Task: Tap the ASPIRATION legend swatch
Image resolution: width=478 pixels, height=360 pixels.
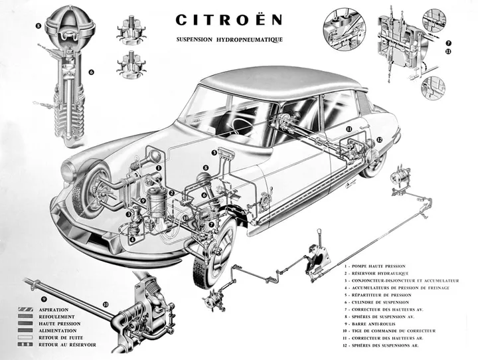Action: tap(26, 310)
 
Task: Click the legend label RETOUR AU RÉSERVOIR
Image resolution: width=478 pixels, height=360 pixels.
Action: tap(68, 345)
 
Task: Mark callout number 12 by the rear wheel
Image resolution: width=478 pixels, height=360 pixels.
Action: tap(380, 139)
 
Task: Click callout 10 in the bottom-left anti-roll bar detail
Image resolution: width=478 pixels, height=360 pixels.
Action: tap(106, 305)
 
